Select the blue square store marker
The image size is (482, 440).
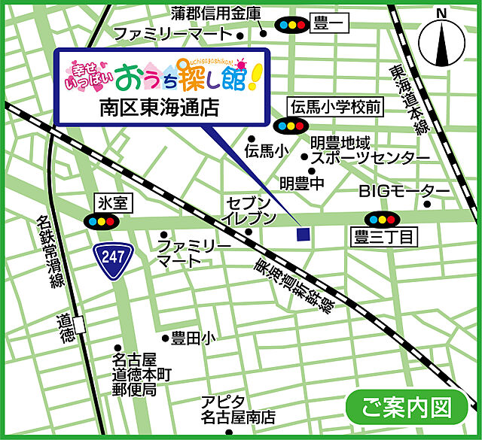click(x=303, y=234)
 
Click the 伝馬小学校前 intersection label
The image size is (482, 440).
click(x=336, y=108)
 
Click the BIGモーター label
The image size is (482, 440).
click(x=404, y=190)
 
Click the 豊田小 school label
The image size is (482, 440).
click(x=193, y=338)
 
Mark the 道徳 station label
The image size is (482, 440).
click(x=67, y=329)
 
